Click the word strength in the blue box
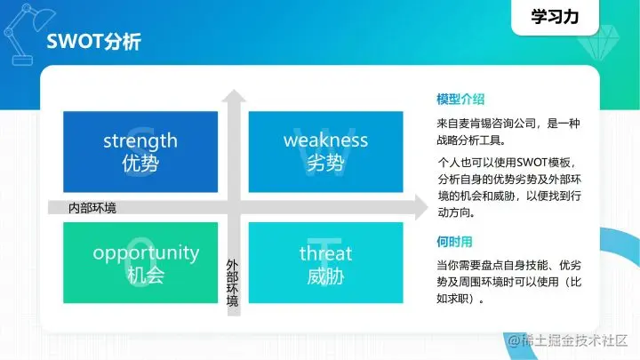pos(140,140)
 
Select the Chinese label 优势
pos(140,163)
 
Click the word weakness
pos(325,140)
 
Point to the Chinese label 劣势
pos(325,163)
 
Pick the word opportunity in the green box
pos(146,252)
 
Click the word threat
pos(325,252)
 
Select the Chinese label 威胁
pos(325,276)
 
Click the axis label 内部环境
pos(92,208)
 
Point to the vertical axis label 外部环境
pos(233,283)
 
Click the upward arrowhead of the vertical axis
pos(233,97)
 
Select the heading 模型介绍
pos(460,99)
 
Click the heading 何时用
pos(454,241)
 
